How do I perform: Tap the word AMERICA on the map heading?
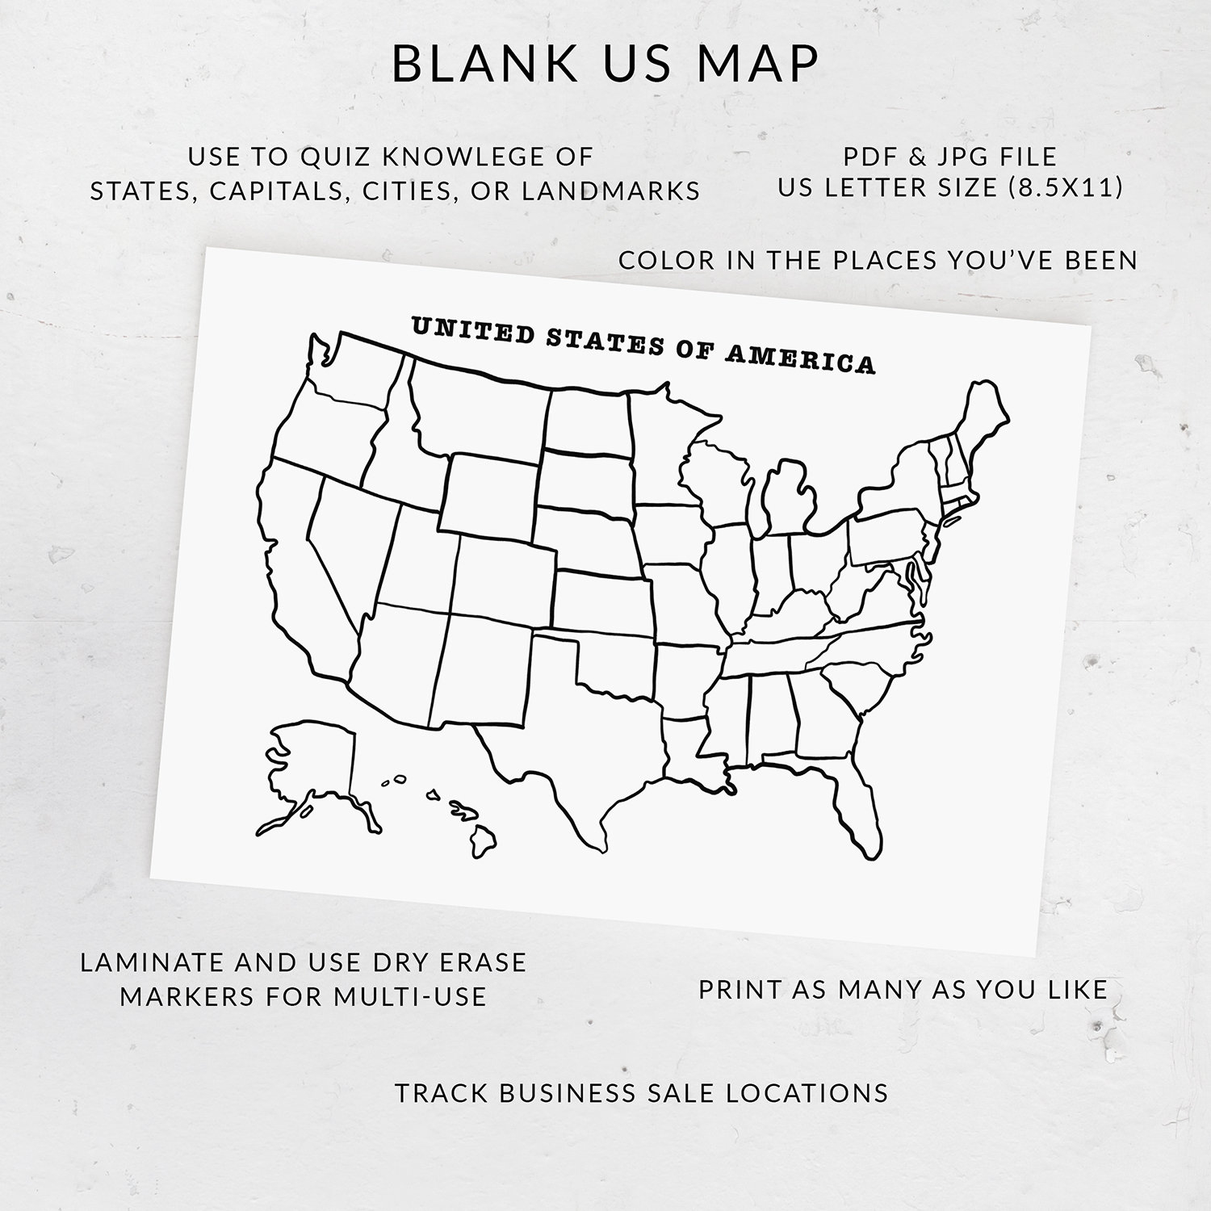click(799, 358)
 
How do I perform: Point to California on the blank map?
click(299, 565)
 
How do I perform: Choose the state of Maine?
click(981, 420)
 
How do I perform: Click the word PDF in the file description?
click(872, 156)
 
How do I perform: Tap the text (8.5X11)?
click(1066, 187)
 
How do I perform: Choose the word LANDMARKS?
click(611, 191)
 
